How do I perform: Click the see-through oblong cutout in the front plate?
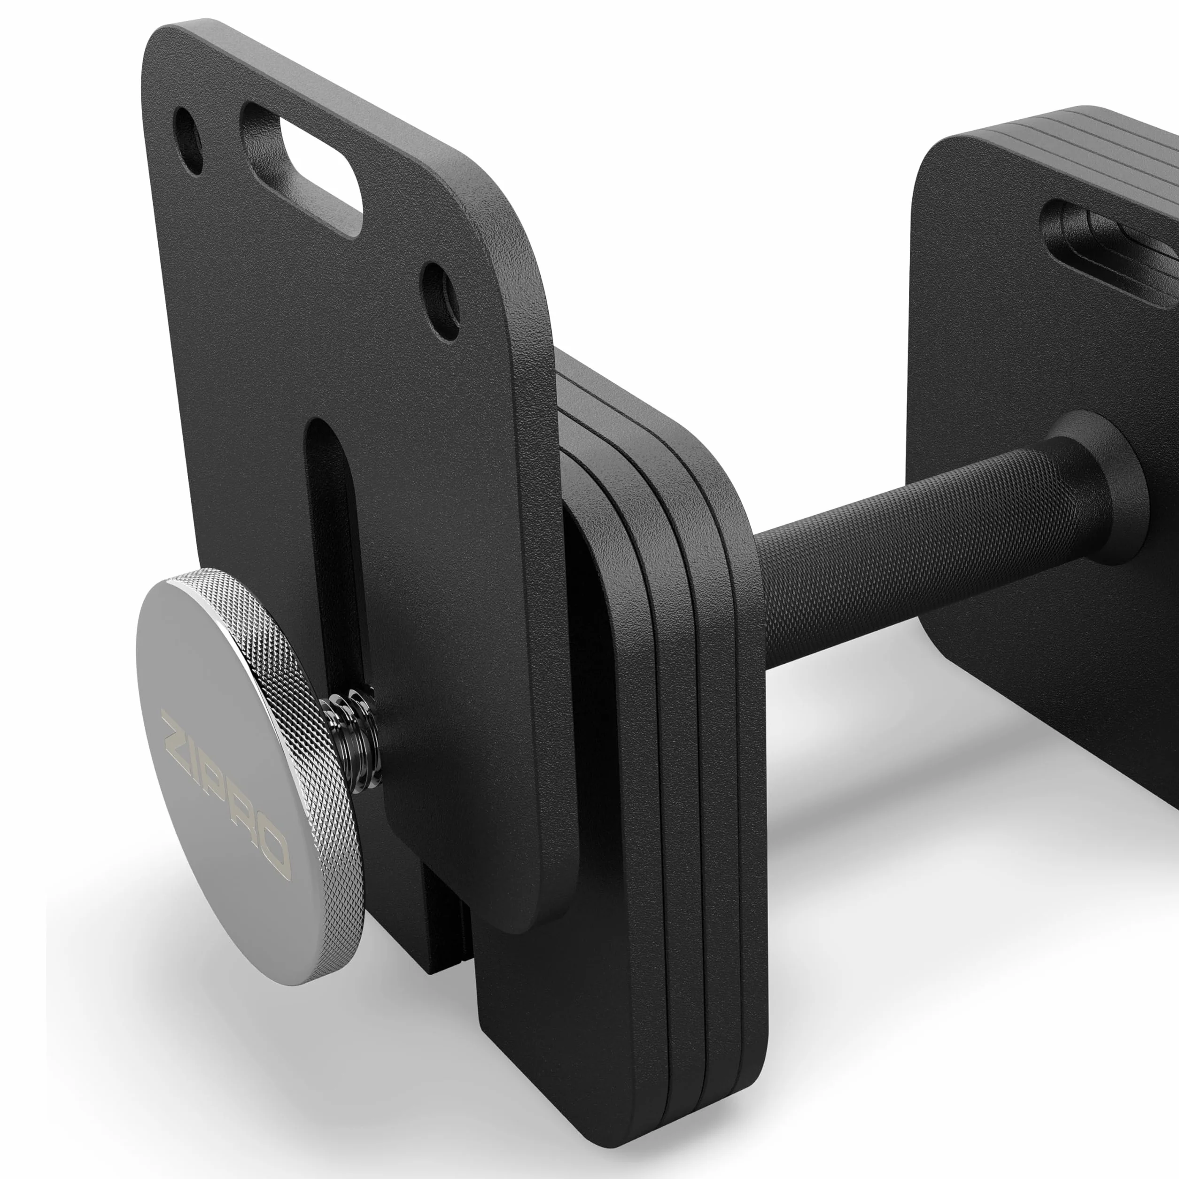320,162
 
